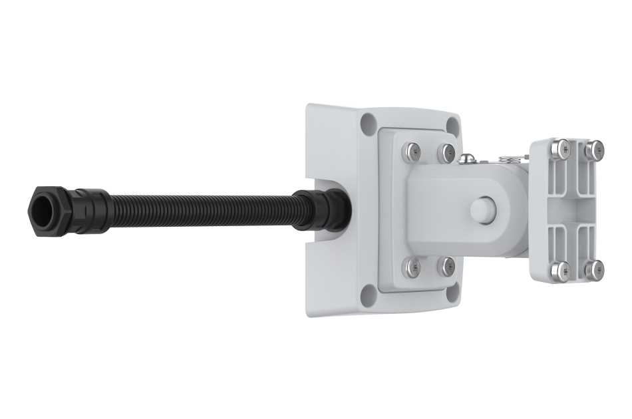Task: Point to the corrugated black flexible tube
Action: point(200,208)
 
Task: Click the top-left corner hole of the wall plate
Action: point(368,121)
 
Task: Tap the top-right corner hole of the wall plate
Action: point(453,126)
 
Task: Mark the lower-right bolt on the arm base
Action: point(447,267)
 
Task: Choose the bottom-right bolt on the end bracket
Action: point(595,269)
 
